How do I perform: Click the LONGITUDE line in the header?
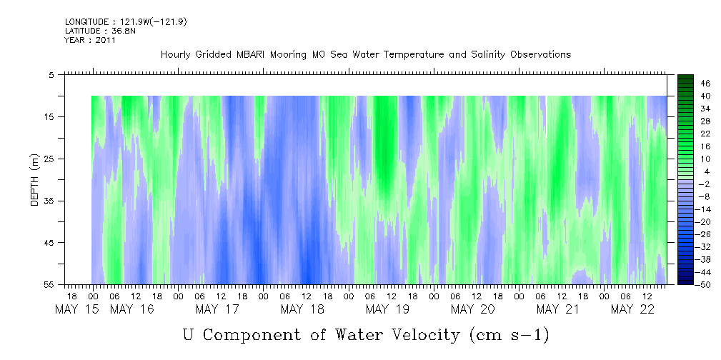click(x=126, y=21)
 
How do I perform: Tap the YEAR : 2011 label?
click(x=90, y=40)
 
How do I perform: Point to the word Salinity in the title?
click(x=489, y=55)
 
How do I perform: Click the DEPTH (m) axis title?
click(x=35, y=179)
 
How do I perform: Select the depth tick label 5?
click(x=51, y=74)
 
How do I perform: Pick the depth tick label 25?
click(x=49, y=159)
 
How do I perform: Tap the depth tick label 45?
click(x=49, y=242)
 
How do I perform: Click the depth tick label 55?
click(x=49, y=284)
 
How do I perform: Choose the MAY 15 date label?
click(x=76, y=309)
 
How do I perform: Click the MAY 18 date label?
click(x=302, y=309)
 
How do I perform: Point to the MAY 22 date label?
click(x=632, y=309)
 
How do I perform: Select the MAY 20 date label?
click(x=473, y=309)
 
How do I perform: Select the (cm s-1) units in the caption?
click(x=509, y=335)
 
